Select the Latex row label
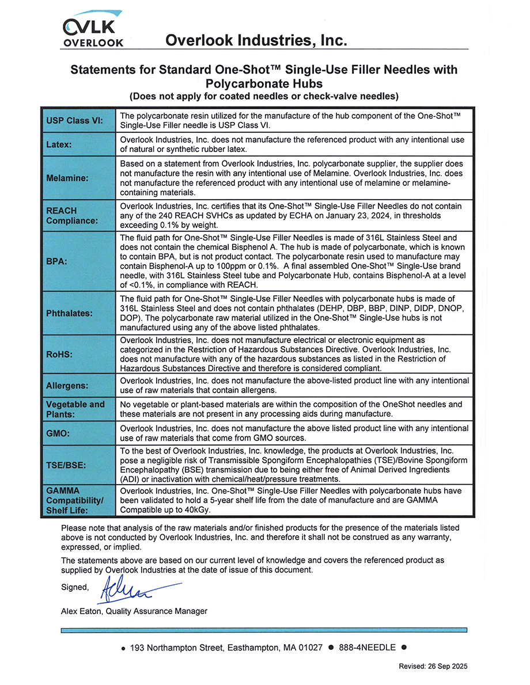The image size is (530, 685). click(x=59, y=144)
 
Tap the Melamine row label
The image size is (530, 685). click(x=67, y=178)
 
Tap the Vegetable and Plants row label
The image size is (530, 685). click(x=75, y=409)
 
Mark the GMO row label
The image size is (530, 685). click(x=58, y=433)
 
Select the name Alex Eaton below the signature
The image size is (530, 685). click(x=81, y=611)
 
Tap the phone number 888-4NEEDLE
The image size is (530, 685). click(x=367, y=648)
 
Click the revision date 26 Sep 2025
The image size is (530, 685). click(x=447, y=666)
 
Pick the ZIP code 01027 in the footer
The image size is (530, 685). click(x=311, y=648)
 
